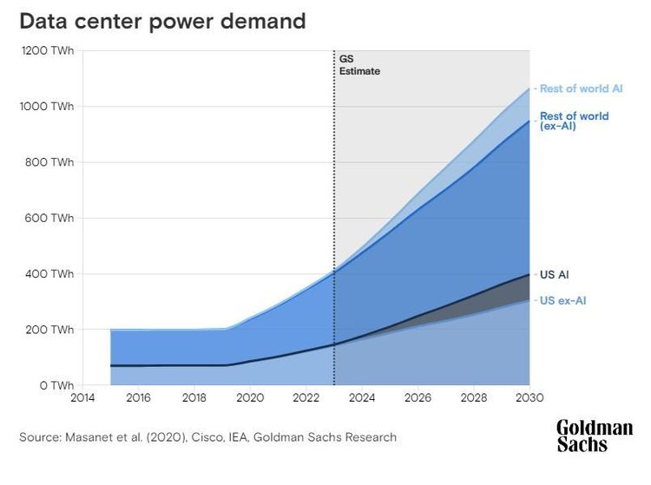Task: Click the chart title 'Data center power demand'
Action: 162,20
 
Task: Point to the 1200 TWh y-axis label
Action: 49,51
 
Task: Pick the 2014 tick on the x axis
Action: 82,399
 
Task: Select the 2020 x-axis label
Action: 250,399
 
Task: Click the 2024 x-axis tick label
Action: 362,399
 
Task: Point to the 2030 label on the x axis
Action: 529,399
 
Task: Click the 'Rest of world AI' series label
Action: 581,88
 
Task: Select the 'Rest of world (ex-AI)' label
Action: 574,121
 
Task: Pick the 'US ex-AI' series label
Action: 562,300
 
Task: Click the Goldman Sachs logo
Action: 594,436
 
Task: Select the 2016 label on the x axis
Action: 139,399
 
